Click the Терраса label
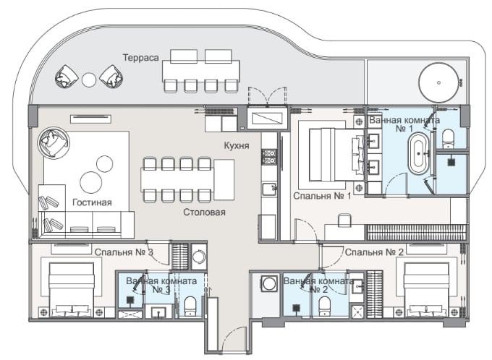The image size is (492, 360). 140,58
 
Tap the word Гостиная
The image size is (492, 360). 92,202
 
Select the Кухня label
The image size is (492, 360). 237,145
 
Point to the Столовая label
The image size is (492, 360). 204,213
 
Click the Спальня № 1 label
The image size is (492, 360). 322,196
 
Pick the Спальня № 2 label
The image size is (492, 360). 374,252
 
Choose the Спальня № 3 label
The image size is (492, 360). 124,252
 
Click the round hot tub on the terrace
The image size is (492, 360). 438,83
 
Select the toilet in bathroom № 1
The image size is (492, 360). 448,140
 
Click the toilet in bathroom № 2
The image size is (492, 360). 324,306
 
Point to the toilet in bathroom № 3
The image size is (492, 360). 190,306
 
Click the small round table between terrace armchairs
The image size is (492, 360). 89,80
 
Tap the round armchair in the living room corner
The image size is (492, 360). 54,143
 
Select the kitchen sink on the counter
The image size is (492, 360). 269,189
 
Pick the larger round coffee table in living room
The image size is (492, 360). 91,182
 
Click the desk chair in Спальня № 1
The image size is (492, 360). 345,220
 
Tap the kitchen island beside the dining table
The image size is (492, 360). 224,180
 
